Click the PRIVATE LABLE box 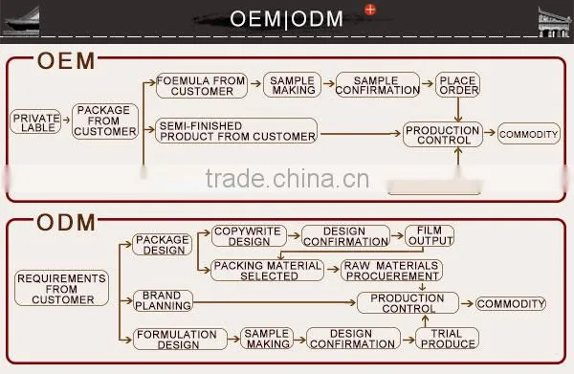click(35, 121)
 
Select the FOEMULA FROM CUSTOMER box click(202, 86)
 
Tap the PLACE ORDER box click(457, 84)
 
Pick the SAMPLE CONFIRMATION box click(378, 85)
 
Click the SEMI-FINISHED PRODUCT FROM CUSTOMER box click(236, 131)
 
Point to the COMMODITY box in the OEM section click(529, 134)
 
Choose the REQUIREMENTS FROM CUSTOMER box click(61, 288)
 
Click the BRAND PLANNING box click(163, 300)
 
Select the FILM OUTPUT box click(430, 235)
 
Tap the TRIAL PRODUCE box click(447, 339)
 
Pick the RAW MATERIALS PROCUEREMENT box click(391, 271)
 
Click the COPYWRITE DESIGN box click(249, 236)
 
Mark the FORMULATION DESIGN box click(180, 340)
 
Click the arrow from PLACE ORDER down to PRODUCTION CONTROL click(458, 109)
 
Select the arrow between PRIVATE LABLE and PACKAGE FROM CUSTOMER click(67, 120)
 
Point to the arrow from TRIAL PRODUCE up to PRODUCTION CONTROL click(425, 321)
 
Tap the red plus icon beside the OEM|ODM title click(370, 10)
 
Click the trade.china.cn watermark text click(287, 179)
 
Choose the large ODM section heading click(66, 223)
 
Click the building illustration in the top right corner click(555, 22)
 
